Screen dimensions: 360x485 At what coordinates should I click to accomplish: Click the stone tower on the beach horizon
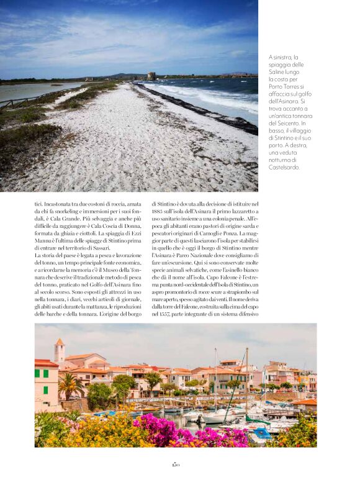[x=151, y=76]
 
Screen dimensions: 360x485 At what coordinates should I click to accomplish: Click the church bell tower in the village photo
[x=59, y=351]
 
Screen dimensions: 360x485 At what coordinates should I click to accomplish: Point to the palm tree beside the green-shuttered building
[x=70, y=386]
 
